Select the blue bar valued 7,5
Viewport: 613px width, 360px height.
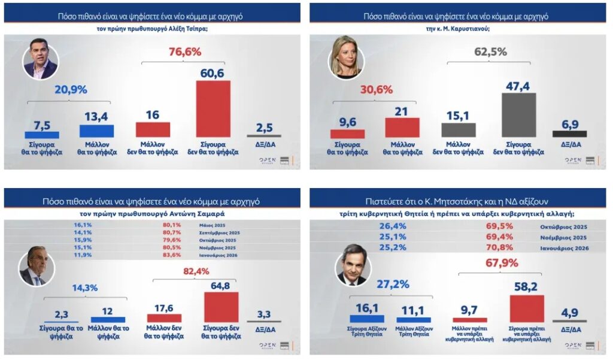tap(42, 135)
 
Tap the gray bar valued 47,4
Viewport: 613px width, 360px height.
tap(518, 115)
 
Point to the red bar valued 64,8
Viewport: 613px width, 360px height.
tap(221, 307)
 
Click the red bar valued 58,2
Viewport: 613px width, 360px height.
tap(527, 308)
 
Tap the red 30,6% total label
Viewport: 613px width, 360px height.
tap(376, 89)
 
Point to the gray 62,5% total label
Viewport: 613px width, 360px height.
tap(490, 52)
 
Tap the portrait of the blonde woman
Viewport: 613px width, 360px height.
tap(347, 61)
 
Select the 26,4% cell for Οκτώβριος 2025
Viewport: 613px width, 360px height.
tap(391, 226)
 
